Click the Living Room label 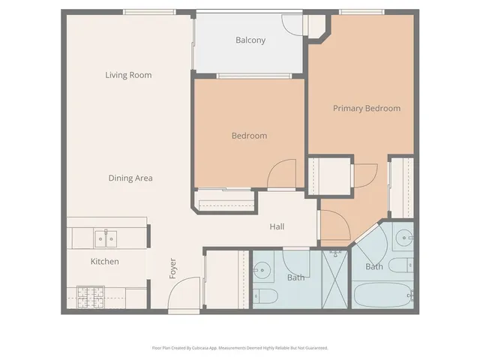pos(128,75)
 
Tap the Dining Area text pos(130,178)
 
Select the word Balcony pos(250,40)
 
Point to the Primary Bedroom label pos(366,109)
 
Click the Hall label pos(277,226)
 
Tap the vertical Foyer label pos(172,268)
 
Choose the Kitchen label pos(105,262)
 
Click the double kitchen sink pos(105,238)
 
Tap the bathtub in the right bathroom pos(382,295)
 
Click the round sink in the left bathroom pos(263,268)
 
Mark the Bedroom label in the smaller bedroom pos(249,136)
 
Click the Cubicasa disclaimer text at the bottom pos(239,348)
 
